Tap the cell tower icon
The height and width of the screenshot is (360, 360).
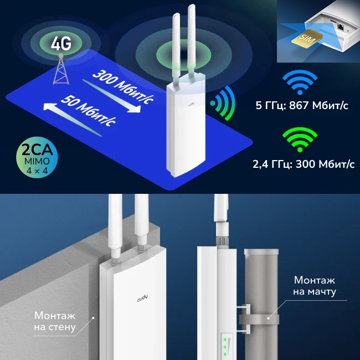[x=61, y=69]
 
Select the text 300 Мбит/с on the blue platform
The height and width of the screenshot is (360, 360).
[x=123, y=88]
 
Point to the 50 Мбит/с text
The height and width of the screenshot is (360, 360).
[x=88, y=111]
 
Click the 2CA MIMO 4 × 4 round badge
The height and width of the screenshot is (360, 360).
[x=37, y=157]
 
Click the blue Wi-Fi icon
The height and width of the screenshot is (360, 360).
[x=300, y=82]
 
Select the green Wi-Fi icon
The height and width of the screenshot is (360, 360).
[x=300, y=140]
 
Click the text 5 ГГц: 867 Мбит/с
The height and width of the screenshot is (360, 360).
[x=302, y=106]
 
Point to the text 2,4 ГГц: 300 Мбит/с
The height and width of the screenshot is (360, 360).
[x=304, y=164]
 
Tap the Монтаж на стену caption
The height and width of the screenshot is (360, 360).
[x=55, y=321]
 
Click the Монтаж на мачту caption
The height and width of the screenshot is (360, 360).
[x=315, y=286]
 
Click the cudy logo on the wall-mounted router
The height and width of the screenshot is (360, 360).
[x=142, y=299]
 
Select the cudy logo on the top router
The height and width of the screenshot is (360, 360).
[x=192, y=105]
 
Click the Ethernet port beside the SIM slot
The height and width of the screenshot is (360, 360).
[x=340, y=27]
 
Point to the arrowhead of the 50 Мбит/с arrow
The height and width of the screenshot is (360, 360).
[x=50, y=107]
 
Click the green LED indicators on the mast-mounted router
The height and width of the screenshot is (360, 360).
[x=225, y=347]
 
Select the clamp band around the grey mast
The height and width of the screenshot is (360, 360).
[x=259, y=320]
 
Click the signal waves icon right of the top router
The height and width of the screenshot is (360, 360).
[x=223, y=104]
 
